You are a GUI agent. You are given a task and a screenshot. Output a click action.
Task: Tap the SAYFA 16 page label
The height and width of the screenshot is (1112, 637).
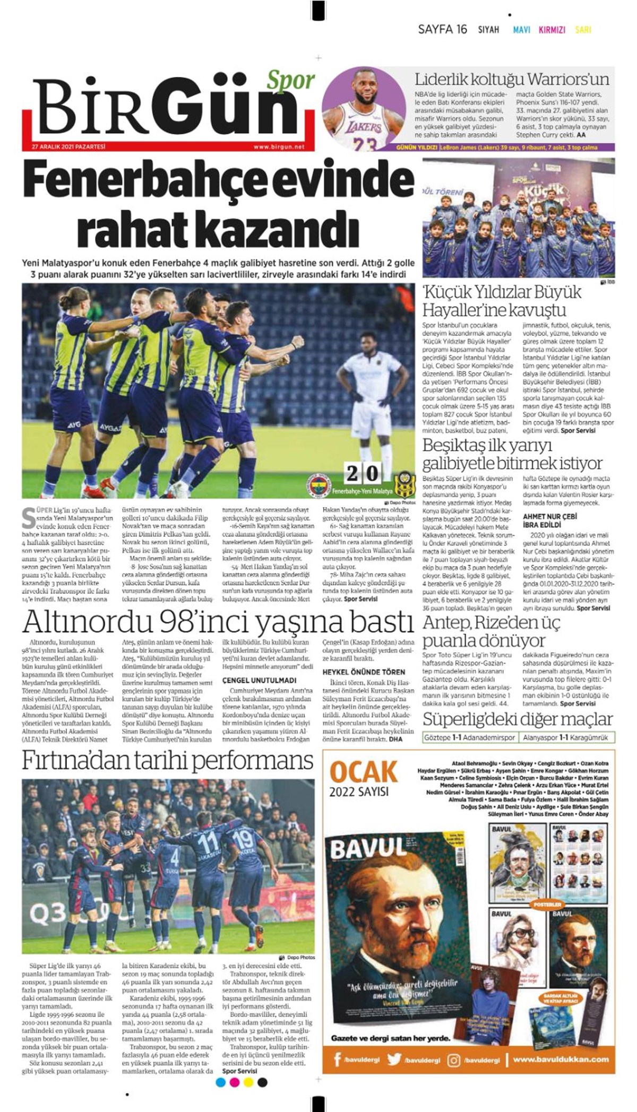coord(442,30)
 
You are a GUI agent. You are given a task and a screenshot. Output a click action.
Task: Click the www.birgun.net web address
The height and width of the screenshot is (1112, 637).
coord(279,147)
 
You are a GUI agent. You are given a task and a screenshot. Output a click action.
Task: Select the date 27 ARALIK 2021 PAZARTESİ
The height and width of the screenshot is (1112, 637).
coord(69,147)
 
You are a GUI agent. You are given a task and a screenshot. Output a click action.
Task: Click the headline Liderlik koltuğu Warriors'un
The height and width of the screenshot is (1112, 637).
coord(512,80)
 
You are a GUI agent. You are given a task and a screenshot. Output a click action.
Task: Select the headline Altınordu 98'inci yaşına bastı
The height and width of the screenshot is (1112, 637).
coord(218,622)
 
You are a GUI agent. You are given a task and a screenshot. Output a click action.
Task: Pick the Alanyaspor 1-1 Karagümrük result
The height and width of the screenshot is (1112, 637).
coord(566,737)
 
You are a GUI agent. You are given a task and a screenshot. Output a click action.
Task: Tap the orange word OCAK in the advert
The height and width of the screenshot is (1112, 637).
coord(364,772)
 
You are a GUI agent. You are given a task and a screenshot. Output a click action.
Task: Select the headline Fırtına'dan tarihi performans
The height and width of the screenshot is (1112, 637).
coord(168,761)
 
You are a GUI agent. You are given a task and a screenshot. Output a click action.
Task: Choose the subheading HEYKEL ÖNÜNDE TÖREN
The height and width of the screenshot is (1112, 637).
coord(364,672)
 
